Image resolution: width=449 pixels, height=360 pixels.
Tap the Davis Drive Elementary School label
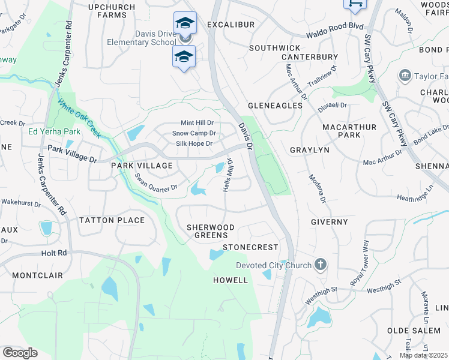tap(142, 38)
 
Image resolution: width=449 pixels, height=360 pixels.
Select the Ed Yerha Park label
tap(54, 131)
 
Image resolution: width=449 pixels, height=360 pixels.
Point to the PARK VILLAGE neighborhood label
tap(142, 166)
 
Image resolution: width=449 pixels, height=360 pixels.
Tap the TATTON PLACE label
tap(112, 220)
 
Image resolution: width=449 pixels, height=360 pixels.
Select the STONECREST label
tap(250, 247)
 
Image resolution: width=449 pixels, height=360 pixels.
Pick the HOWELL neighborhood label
tap(231, 280)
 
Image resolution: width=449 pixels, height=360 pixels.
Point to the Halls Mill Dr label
tap(228, 178)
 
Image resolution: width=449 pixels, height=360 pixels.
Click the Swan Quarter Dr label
tap(156, 182)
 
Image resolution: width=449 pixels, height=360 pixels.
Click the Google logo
tap(19, 353)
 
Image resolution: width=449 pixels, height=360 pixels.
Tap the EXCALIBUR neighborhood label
tap(231, 25)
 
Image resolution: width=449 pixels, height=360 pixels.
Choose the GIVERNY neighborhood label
tap(330, 222)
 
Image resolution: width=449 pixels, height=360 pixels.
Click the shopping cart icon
tap(354, 4)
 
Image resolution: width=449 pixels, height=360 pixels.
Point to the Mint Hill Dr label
tap(197, 122)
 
